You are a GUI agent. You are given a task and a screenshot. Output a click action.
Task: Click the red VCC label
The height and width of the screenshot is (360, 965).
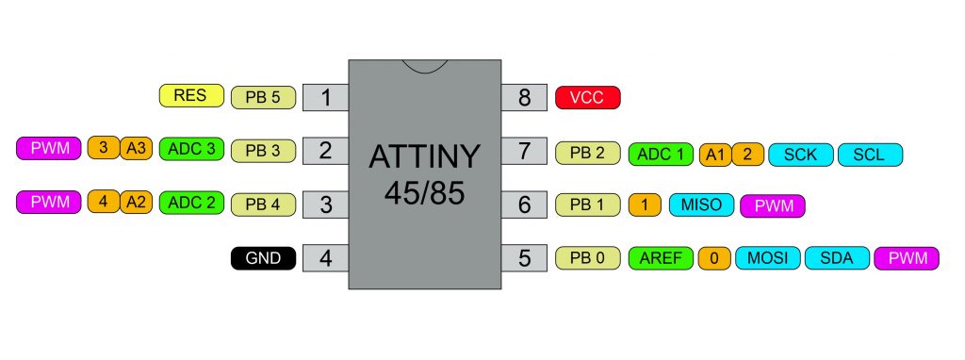pyautogui.click(x=588, y=96)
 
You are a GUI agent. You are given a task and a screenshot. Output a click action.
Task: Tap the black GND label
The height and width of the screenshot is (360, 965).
pyautogui.click(x=263, y=256)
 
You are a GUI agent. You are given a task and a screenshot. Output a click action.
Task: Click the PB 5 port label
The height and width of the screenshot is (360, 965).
pyautogui.click(x=263, y=96)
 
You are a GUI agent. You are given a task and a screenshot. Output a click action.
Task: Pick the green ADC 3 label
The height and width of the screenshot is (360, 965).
pyautogui.click(x=191, y=149)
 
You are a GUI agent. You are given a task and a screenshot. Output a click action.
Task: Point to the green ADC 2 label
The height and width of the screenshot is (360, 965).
pyautogui.click(x=191, y=202)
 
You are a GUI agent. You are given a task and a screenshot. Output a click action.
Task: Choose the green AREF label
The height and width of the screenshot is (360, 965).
pyautogui.click(x=661, y=256)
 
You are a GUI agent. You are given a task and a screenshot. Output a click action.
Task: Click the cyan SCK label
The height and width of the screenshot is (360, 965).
pyautogui.click(x=800, y=154)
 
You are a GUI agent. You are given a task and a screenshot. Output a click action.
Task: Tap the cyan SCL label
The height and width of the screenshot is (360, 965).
pyautogui.click(x=870, y=154)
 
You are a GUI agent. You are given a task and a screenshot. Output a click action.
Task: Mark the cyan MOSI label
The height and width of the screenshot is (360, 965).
pyautogui.click(x=767, y=256)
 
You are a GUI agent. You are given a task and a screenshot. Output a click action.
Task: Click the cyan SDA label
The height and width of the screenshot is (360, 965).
pyautogui.click(x=836, y=256)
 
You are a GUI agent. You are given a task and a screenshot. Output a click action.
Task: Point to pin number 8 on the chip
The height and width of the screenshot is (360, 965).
pyautogui.click(x=524, y=97)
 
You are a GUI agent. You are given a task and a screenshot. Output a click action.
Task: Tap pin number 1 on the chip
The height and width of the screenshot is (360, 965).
pyautogui.click(x=325, y=97)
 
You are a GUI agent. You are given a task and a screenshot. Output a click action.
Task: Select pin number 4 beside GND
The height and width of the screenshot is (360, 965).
pyautogui.click(x=325, y=256)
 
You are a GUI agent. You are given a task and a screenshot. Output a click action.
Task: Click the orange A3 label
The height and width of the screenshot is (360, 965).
pyautogui.click(x=136, y=148)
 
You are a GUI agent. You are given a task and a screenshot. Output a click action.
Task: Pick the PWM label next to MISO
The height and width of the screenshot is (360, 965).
pyautogui.click(x=773, y=205)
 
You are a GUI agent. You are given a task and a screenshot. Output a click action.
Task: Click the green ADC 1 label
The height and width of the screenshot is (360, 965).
pyautogui.click(x=661, y=154)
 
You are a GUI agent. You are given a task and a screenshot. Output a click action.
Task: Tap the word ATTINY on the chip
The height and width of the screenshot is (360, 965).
pyautogui.click(x=424, y=157)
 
